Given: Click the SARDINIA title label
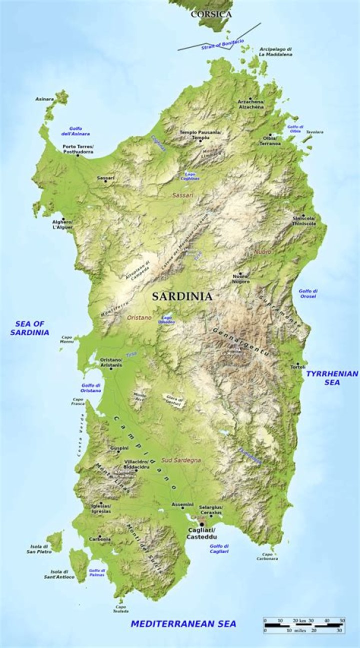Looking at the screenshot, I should [x=182, y=296].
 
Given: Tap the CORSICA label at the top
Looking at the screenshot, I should [x=211, y=14].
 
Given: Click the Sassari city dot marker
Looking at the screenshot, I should [x=105, y=181].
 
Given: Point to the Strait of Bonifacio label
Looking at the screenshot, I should [x=222, y=44].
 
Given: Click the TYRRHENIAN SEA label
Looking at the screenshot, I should [x=332, y=377].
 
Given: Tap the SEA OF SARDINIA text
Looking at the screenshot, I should [x=29, y=328].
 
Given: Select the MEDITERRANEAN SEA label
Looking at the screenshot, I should [x=183, y=623].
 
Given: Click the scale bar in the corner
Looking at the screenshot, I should [x=304, y=625].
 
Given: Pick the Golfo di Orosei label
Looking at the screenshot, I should [x=308, y=293].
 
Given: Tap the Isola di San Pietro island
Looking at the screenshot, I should [x=55, y=541].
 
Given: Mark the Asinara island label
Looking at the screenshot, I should [x=44, y=99].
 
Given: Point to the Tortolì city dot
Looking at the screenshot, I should [x=298, y=363].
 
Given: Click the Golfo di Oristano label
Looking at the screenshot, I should [x=91, y=387].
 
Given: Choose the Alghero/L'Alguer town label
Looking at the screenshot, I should [x=63, y=224].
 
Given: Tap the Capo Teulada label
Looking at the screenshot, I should [x=120, y=609].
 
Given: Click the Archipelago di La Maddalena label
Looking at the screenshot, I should [x=275, y=51].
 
